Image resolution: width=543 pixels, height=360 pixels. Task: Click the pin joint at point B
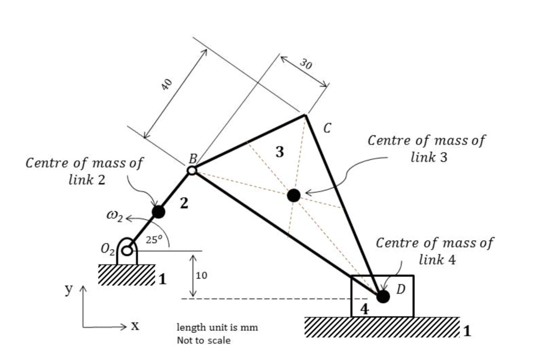pyautogui.click(x=192, y=170)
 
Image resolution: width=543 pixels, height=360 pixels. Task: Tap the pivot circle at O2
pyautogui.click(x=127, y=250)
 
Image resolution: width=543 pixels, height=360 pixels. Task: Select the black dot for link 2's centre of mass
pyautogui.click(x=158, y=212)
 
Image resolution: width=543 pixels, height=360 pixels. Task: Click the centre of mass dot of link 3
pyautogui.click(x=294, y=195)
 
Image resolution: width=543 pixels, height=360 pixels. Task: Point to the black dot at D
pyautogui.click(x=383, y=296)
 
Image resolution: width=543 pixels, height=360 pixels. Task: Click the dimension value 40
pyautogui.click(x=167, y=84)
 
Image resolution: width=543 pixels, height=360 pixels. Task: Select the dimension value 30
pyautogui.click(x=305, y=65)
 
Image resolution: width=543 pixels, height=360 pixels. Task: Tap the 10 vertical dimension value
pyautogui.click(x=202, y=276)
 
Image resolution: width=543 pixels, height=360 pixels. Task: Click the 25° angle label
pyautogui.click(x=153, y=240)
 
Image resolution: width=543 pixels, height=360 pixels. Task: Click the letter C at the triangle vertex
pyautogui.click(x=327, y=128)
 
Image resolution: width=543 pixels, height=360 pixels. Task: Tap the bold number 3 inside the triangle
pyautogui.click(x=279, y=152)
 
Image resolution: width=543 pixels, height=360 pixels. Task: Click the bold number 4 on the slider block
pyautogui.click(x=364, y=309)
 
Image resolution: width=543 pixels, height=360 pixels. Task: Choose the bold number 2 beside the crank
pyautogui.click(x=183, y=203)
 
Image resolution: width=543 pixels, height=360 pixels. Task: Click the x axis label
pyautogui.click(x=135, y=326)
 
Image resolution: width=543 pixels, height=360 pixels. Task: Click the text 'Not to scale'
pyautogui.click(x=204, y=340)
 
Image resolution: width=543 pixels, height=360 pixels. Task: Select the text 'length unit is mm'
pyautogui.click(x=217, y=328)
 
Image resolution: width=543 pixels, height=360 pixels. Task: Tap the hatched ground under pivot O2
pyautogui.click(x=126, y=275)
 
